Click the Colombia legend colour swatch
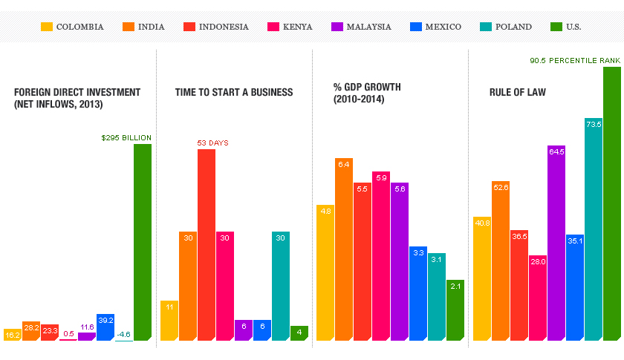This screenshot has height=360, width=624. point(47,27)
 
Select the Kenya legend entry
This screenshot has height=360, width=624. point(290,27)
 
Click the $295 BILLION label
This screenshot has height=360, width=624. point(126,137)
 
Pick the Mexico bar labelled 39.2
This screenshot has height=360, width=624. point(105,327)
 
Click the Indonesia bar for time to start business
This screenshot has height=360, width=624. point(206,245)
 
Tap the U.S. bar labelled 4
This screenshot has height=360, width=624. point(299,333)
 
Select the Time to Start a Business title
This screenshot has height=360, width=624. point(234,93)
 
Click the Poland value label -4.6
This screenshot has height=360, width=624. point(123,335)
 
